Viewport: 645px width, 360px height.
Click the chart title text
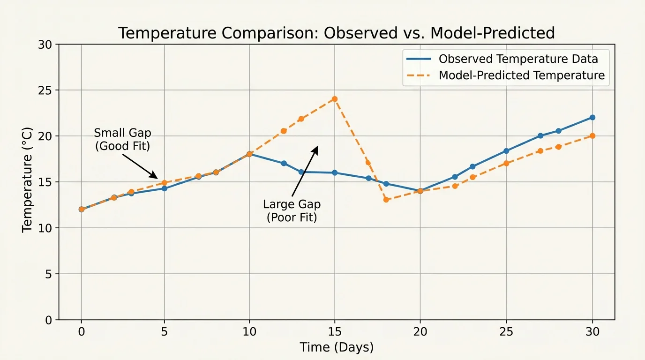pyautogui.click(x=336, y=33)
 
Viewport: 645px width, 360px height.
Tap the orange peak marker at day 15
pyautogui.click(x=335, y=99)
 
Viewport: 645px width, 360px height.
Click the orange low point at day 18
pyautogui.click(x=386, y=200)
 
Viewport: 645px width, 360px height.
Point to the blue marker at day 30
pyautogui.click(x=592, y=117)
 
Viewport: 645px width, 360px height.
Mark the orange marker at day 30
pyautogui.click(x=592, y=136)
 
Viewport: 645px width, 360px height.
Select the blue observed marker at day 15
pyautogui.click(x=335, y=173)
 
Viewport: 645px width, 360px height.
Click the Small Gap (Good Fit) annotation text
pyautogui.click(x=122, y=139)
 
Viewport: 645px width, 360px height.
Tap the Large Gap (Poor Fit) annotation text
pyautogui.click(x=292, y=211)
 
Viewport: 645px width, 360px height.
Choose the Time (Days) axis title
pyautogui.click(x=336, y=347)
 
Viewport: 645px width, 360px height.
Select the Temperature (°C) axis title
pyautogui.click(x=28, y=179)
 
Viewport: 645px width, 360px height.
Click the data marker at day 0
pyautogui.click(x=82, y=209)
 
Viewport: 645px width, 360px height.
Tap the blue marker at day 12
pyautogui.click(x=284, y=163)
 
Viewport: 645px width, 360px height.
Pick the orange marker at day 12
pyautogui.click(x=284, y=131)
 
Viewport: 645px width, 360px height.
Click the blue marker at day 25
pyautogui.click(x=506, y=151)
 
